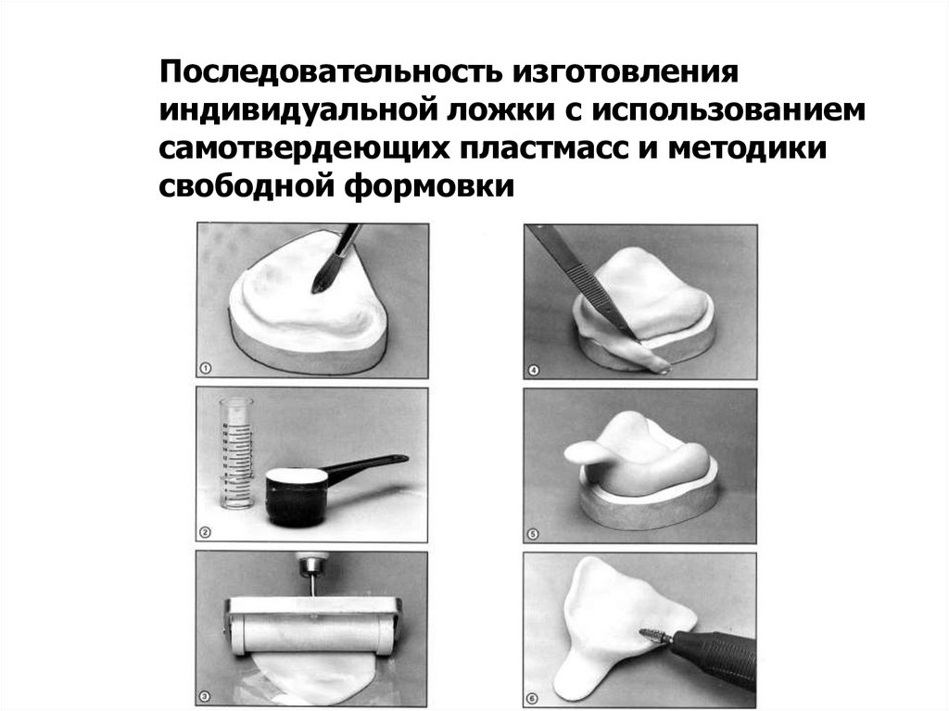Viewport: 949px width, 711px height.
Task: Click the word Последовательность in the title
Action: click(331, 71)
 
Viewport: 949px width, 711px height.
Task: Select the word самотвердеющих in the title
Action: click(304, 149)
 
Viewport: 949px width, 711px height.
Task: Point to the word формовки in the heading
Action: click(429, 186)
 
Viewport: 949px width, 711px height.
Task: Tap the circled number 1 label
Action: click(205, 369)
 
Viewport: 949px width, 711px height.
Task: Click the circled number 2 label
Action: click(205, 533)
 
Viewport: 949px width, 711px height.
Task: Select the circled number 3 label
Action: click(205, 697)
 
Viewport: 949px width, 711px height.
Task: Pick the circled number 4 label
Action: click(533, 370)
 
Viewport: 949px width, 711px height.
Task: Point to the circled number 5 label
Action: click(533, 534)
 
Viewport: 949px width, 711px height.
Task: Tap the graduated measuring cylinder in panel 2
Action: click(236, 453)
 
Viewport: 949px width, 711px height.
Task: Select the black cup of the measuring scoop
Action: click(296, 497)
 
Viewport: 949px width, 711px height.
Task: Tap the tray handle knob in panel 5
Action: click(582, 452)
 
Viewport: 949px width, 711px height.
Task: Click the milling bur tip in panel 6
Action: click(654, 635)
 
